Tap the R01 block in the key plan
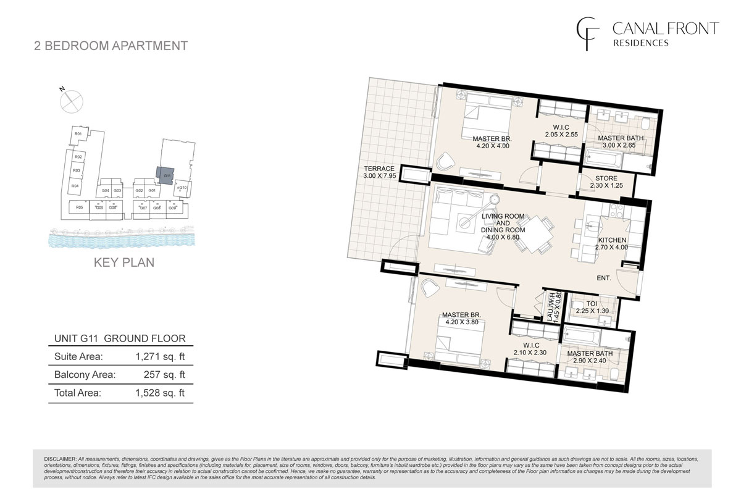tap(78, 134)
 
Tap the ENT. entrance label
tap(603, 278)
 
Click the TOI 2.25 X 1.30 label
tap(592, 308)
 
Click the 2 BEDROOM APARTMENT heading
tap(111, 45)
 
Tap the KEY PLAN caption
tap(124, 262)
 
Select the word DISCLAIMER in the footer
tap(60, 459)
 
